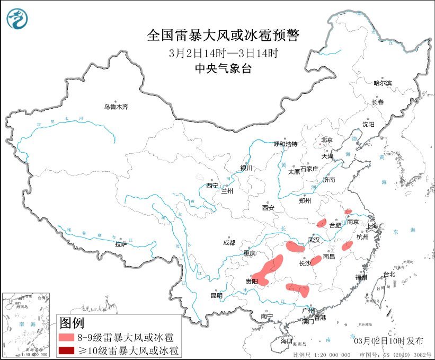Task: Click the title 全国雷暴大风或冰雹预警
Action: coord(223,36)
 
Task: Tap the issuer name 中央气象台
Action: coord(223,68)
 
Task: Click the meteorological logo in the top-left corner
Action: coord(17,19)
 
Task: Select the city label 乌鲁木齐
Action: coord(116,107)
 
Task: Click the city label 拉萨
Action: coord(121,244)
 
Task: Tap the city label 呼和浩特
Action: coord(286,144)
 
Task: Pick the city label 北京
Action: coord(326,140)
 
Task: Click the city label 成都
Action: coord(230,243)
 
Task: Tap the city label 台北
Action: coord(389,274)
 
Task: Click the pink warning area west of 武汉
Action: coord(295,247)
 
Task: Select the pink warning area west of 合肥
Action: coord(321,223)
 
